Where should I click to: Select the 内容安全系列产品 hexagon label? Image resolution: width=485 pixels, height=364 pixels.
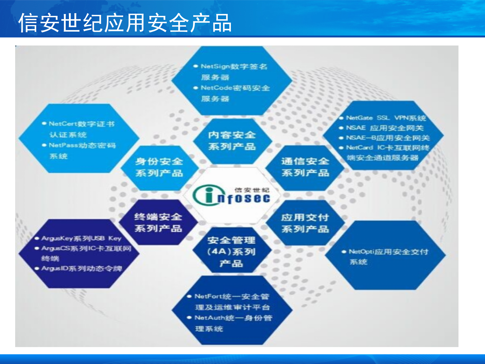pos(232,141)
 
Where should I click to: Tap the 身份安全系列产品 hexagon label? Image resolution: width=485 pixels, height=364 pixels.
pos(159,167)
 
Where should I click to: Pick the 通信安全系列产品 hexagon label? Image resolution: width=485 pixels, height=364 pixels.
pos(305,167)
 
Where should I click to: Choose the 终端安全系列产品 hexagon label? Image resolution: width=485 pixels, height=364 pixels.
pos(158,223)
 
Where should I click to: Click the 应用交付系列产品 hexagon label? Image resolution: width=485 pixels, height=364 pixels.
pos(305,223)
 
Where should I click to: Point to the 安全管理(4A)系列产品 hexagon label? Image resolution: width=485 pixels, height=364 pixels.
pos(231,252)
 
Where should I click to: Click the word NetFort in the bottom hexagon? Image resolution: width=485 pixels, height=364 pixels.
pos(206,296)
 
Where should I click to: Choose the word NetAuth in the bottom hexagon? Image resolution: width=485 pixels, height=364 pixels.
pos(207,318)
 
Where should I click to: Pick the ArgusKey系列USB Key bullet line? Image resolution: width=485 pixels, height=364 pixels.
pos(81,238)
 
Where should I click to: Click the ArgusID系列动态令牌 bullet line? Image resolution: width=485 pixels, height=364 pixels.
pos(81,268)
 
